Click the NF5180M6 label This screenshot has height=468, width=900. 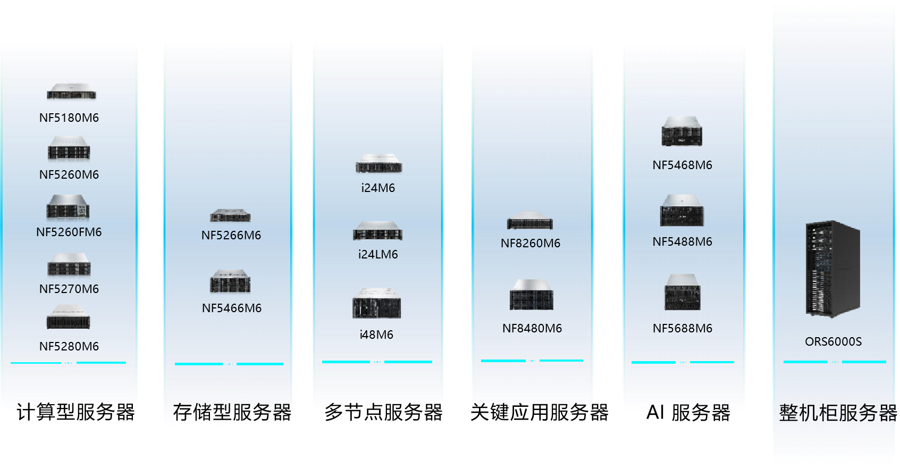pyautogui.click(x=69, y=118)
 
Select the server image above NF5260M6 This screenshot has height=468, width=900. pyautogui.click(x=69, y=148)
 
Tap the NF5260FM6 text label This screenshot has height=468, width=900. pyautogui.click(x=69, y=232)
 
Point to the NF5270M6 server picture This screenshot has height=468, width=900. pyautogui.click(x=69, y=265)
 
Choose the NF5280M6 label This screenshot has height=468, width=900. pyautogui.click(x=69, y=346)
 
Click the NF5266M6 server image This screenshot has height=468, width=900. pyautogui.click(x=230, y=215)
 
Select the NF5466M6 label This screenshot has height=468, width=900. pyautogui.click(x=232, y=308)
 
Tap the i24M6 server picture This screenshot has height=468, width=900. pyautogui.click(x=378, y=163)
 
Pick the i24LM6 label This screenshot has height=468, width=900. pyautogui.click(x=378, y=254)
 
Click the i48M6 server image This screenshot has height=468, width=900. pyautogui.click(x=377, y=303)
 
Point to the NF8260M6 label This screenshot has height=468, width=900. pyautogui.click(x=531, y=243)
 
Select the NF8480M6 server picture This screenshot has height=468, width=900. pyautogui.click(x=532, y=295)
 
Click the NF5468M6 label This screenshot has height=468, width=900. pyautogui.click(x=683, y=165)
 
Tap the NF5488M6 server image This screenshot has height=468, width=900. pyautogui.click(x=682, y=210)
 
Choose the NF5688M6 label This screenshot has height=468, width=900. pyautogui.click(x=683, y=328)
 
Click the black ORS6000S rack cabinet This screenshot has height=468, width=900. pyautogui.click(x=832, y=269)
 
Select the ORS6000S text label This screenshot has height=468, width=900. pyautogui.click(x=833, y=341)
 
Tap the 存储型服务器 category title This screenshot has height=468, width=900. pyautogui.click(x=232, y=412)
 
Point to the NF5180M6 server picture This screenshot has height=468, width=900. pyautogui.click(x=72, y=92)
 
